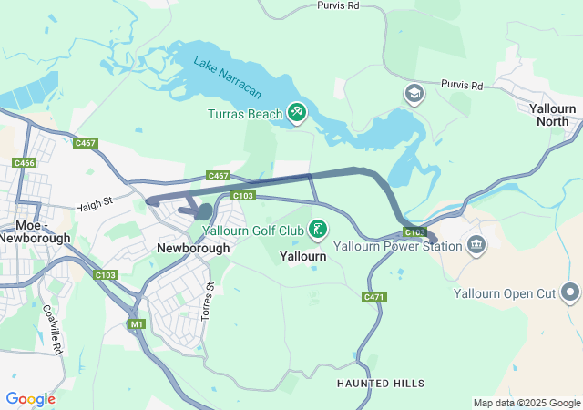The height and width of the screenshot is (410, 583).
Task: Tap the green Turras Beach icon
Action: [x=296, y=112]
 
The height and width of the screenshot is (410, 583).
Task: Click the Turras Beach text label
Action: [x=245, y=113]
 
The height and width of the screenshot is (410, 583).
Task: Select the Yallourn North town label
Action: [x=554, y=115]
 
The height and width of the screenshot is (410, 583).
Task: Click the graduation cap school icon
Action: [x=414, y=94]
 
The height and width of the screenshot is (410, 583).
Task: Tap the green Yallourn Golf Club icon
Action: [x=318, y=230]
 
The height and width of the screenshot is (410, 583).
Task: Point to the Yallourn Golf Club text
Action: [x=259, y=231]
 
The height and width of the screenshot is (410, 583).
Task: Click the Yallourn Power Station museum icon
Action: [x=476, y=245]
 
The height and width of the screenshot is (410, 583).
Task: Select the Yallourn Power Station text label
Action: [x=398, y=246]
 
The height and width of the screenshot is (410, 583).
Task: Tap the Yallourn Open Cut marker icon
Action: [x=570, y=292]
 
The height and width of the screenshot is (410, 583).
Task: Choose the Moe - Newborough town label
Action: [x=35, y=231]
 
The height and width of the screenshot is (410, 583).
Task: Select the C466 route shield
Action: [x=25, y=162]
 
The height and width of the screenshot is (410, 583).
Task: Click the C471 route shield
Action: [x=373, y=298]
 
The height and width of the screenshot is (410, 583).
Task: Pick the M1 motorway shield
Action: [x=137, y=323]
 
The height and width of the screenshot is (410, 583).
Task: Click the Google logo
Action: [x=30, y=399]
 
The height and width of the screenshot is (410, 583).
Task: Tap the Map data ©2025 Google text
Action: [x=526, y=403]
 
